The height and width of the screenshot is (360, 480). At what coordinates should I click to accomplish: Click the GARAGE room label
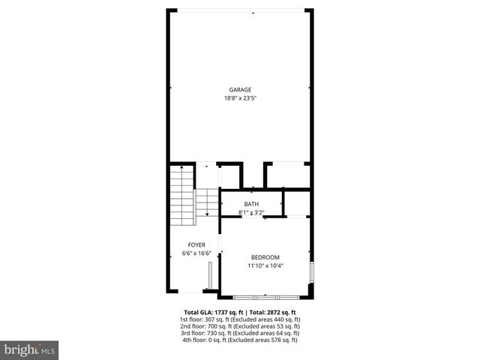click(240, 90)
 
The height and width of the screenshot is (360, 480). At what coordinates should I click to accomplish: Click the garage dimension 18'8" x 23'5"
click(240, 98)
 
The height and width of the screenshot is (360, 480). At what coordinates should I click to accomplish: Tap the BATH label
click(251, 204)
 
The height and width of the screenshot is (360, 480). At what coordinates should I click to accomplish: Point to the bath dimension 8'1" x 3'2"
click(251, 212)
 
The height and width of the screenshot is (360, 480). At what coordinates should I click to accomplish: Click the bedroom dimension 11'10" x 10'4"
click(265, 265)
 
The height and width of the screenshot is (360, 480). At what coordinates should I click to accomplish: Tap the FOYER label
click(196, 245)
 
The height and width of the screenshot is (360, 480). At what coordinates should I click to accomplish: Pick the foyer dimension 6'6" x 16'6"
click(196, 253)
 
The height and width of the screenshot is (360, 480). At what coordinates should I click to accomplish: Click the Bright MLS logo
click(29, 349)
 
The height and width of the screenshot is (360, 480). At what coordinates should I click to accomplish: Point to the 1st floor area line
click(240, 319)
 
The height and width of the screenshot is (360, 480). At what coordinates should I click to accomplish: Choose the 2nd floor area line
click(240, 326)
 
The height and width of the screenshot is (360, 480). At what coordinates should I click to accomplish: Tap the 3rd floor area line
click(240, 333)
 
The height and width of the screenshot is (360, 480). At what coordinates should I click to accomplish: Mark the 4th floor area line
click(240, 340)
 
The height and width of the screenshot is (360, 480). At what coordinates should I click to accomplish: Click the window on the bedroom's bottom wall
click(266, 297)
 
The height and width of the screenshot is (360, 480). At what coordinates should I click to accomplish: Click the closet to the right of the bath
click(297, 203)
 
